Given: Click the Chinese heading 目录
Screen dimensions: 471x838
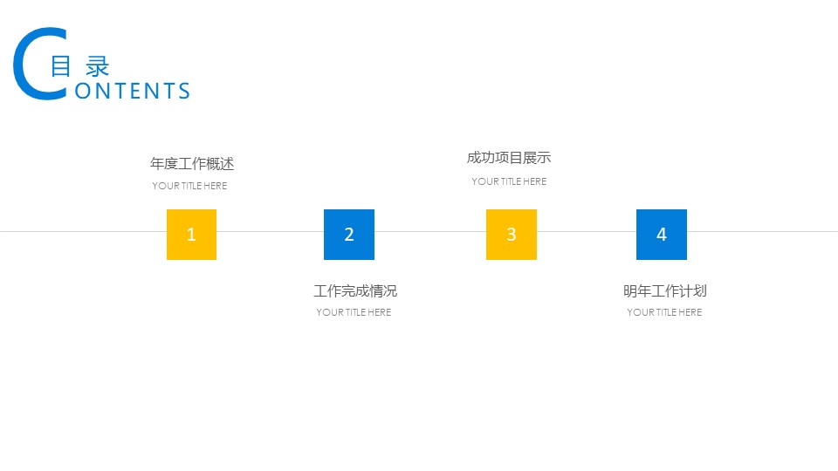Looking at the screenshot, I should coord(79,66).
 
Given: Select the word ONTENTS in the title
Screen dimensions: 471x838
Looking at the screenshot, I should coord(133,92).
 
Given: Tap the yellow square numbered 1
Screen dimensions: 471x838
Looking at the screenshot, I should coord(191,235).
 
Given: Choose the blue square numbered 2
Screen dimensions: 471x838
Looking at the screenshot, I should coord(349,235).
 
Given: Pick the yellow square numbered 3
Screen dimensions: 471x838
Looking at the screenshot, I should coord(512,235).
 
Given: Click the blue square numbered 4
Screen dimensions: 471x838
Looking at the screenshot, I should coord(662,235).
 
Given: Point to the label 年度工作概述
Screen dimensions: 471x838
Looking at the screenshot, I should coord(192,164).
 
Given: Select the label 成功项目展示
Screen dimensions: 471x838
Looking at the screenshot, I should coord(509,158).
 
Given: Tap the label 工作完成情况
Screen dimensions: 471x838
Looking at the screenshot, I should coord(355,291).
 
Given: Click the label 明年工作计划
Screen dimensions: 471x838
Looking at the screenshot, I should coord(665,291).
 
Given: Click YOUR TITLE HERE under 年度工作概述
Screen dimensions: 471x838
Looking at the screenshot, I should coord(189,186).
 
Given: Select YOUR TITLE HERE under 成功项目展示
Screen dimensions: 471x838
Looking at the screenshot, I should coord(509,181).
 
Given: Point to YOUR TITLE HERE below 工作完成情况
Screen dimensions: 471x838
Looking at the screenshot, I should coord(354,312).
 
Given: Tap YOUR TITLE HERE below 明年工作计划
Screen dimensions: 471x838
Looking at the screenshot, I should coord(664,312).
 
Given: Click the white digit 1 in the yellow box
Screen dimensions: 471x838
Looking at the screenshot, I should coord(191,235).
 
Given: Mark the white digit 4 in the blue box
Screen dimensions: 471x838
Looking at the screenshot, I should coord(662,235).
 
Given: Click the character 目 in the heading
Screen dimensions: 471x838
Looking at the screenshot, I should coord(60,66).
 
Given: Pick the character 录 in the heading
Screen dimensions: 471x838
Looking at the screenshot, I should coord(98,66).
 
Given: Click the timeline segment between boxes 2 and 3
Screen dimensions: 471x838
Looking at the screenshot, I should coord(430,231).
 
